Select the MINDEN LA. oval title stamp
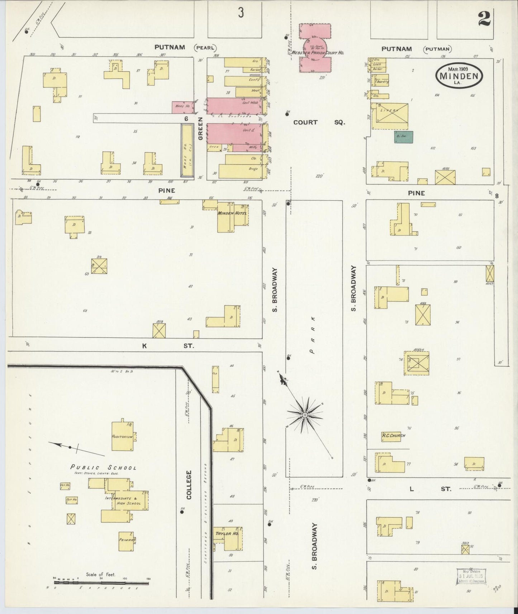coord(459,76)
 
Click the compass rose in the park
coord(304,415)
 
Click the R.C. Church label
coord(393,436)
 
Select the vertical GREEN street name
coord(200,128)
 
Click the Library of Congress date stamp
coord(470,575)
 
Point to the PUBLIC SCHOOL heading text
coord(103,467)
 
